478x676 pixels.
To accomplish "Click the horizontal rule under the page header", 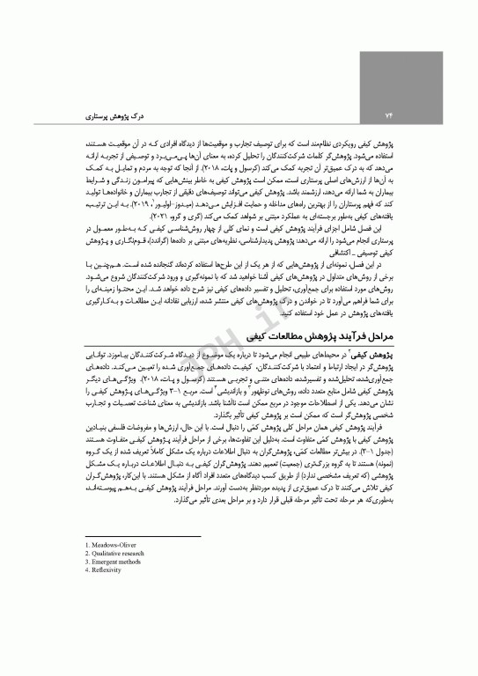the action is click(x=239, y=123).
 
